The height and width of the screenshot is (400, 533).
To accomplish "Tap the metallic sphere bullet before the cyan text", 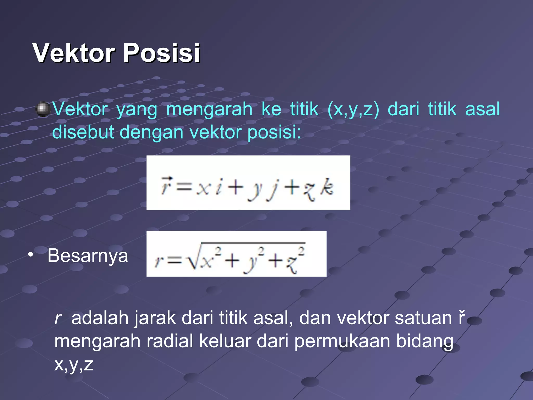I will pos(42,109).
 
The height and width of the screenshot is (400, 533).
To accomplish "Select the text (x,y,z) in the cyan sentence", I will pos(353,109).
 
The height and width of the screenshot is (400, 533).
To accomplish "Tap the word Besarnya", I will pos(88,256).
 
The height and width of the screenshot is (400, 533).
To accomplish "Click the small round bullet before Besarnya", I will pos(31,254).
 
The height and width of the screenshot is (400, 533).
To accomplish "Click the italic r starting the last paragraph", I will pos(58,318).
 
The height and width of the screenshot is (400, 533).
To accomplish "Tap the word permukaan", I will pos(342,341).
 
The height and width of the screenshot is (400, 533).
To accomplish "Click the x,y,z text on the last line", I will pos(74,365).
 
